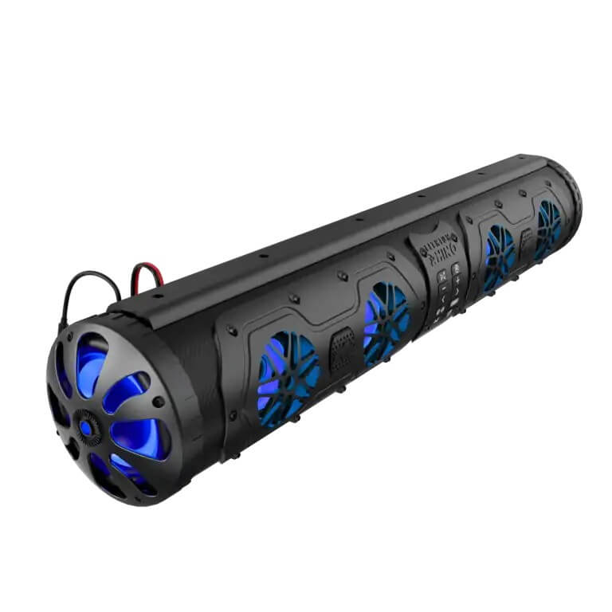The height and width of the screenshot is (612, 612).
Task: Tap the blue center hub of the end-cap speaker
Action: click(x=85, y=427)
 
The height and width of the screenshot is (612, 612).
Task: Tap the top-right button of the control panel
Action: click(x=457, y=268)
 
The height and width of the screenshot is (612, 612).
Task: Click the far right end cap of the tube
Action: click(x=572, y=195)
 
